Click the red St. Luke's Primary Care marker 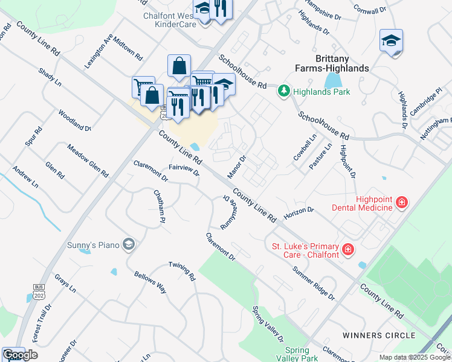pos(347,249)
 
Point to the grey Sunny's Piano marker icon pos(128,244)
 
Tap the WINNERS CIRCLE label pos(378,335)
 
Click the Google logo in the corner pos(20,355)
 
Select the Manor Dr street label pos(236,167)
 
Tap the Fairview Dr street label pos(184,170)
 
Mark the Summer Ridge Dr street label pos(314,283)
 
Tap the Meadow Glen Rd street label pos(88,160)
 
